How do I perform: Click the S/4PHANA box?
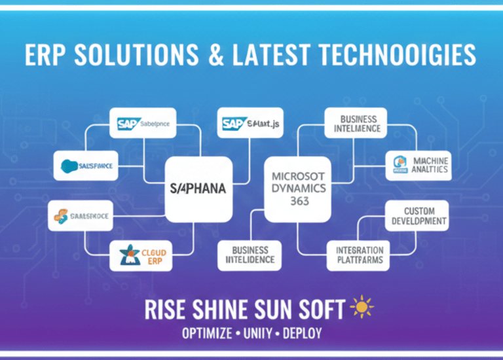click(x=198, y=189)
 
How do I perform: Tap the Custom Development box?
click(x=415, y=215)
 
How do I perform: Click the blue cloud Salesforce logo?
click(x=68, y=166)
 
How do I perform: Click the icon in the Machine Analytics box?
click(x=400, y=165)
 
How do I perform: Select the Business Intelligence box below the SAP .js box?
click(x=250, y=255)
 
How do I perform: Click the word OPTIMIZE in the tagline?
click(x=206, y=333)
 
